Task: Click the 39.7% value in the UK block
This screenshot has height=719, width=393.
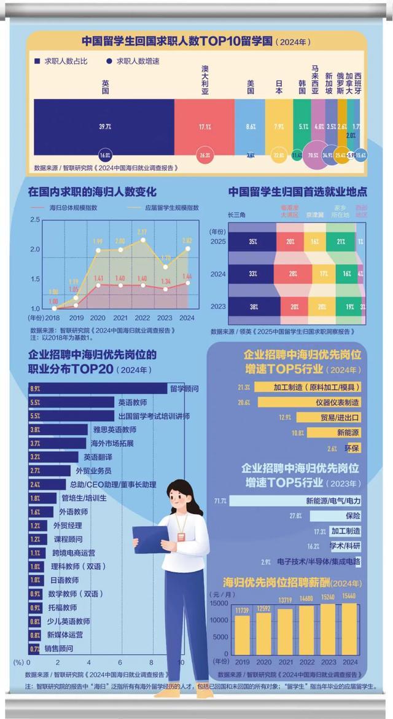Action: (x=104, y=126)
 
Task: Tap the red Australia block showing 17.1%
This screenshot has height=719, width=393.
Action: (x=204, y=127)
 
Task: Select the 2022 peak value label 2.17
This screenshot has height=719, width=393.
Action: (x=142, y=232)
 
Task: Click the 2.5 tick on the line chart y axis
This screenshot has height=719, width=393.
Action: (x=35, y=219)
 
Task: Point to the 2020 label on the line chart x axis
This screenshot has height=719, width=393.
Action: (x=98, y=318)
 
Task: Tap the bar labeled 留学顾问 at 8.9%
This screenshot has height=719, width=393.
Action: (x=98, y=388)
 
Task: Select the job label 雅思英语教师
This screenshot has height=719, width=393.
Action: (x=114, y=430)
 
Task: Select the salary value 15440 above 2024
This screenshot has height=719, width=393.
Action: (x=349, y=597)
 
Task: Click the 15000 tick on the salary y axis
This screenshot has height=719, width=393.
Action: (x=219, y=603)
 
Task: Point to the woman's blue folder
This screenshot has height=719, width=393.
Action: (x=150, y=539)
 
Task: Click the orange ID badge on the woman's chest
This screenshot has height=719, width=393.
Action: (x=181, y=536)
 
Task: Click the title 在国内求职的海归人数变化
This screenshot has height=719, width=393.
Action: (x=92, y=192)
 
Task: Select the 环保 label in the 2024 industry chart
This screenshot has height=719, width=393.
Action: (x=353, y=448)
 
